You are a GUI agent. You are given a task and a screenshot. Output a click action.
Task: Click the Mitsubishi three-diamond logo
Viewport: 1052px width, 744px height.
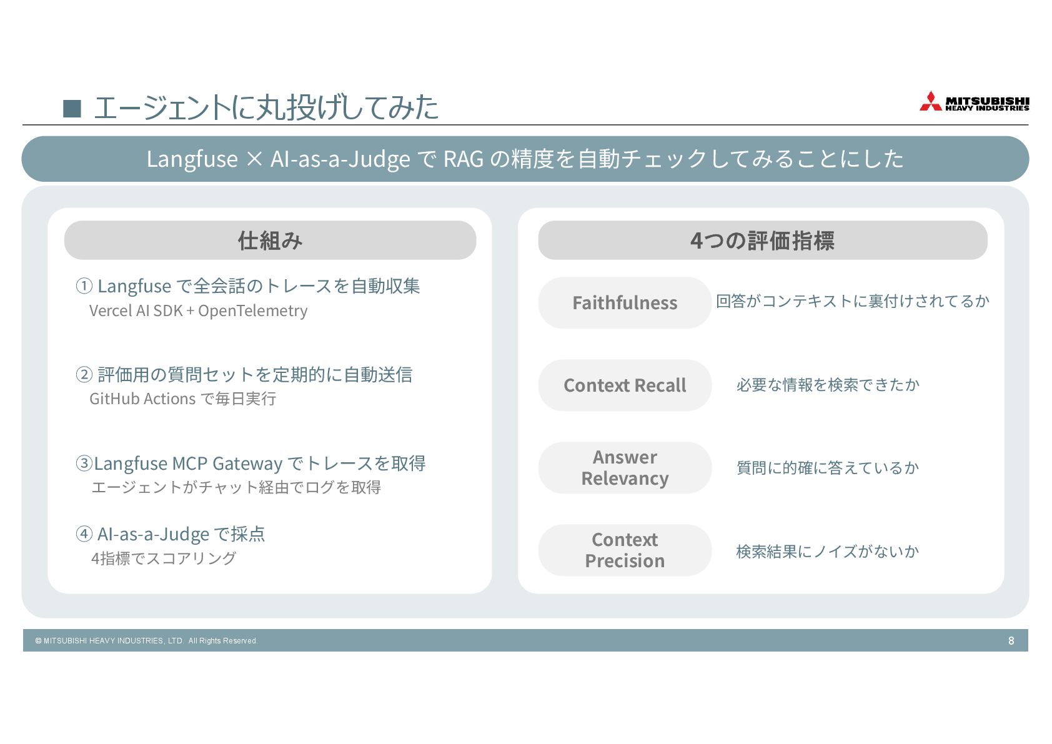pos(930,102)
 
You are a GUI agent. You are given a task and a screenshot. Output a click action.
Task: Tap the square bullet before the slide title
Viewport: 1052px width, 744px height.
pos(72,109)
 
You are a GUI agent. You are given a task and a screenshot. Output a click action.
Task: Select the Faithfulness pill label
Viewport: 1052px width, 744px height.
pos(625,303)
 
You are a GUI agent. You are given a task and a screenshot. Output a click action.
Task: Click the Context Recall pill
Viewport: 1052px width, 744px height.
pos(625,385)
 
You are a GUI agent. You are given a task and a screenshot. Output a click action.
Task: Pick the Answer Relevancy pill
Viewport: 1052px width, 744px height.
pos(625,468)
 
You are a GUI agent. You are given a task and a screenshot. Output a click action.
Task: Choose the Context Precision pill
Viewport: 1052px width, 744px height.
pos(625,550)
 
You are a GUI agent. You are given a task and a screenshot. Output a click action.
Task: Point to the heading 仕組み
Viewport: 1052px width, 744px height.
pos(270,241)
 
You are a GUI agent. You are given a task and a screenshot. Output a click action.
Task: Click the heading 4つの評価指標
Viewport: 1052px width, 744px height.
pos(762,241)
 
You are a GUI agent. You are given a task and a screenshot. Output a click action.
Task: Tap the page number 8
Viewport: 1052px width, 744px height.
pos(1011,640)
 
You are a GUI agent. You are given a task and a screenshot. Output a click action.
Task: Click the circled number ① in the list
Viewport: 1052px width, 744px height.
pos(84,286)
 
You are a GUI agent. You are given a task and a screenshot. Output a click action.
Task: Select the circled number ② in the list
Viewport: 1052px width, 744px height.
pos(84,375)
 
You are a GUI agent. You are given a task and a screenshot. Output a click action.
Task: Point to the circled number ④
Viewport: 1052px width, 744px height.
pos(84,534)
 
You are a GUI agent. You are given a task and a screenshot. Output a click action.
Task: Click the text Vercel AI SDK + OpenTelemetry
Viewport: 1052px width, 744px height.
pos(198,311)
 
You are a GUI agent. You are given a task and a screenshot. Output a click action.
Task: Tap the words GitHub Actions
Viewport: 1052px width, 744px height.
pos(142,399)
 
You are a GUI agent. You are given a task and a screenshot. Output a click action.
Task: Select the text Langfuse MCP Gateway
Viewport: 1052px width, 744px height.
pos(188,464)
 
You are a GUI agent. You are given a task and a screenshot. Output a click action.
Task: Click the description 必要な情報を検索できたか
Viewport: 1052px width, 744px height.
pos(828,385)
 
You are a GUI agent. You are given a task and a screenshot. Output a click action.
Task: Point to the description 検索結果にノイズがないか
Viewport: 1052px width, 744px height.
pos(828,552)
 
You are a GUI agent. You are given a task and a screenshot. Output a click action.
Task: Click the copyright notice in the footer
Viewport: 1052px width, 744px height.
pos(146,641)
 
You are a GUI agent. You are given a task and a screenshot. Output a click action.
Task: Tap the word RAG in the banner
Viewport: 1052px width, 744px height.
pos(463,159)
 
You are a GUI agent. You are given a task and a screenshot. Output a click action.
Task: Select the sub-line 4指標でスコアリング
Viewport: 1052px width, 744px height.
pos(164,558)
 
